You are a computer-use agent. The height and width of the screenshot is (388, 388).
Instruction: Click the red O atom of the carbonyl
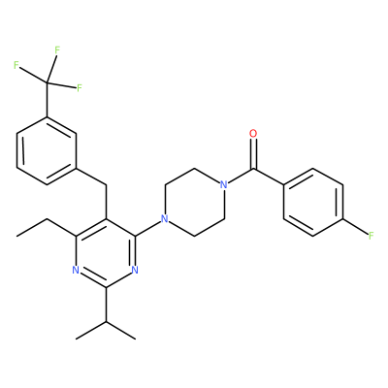[x=253, y=133]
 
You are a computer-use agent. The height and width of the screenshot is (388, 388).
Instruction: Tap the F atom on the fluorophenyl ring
[x=371, y=236]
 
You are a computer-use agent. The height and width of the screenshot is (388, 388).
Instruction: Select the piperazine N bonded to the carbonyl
[x=223, y=184]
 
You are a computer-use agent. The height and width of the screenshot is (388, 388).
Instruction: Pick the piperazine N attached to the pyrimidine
[x=165, y=219]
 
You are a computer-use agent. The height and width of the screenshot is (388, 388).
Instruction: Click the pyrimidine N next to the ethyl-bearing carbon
[x=76, y=270]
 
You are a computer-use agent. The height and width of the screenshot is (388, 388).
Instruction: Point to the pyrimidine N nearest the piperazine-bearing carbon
[x=135, y=270]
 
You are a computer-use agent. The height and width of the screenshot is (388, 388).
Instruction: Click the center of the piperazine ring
[x=194, y=202]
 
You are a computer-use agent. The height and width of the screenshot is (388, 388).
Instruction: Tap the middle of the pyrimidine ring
[x=106, y=253]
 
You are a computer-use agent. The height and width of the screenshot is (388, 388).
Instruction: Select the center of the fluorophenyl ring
[x=313, y=202]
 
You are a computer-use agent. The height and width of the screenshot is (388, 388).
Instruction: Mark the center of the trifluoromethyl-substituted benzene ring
[x=48, y=150]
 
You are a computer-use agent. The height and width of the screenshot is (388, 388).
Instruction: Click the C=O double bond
[x=254, y=154]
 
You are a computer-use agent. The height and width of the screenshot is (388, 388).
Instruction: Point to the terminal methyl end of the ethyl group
[x=17, y=236]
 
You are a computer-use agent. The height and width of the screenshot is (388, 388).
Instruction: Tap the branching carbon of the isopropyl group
[x=106, y=322]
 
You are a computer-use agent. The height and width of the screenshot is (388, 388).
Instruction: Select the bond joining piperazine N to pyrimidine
[x=149, y=228]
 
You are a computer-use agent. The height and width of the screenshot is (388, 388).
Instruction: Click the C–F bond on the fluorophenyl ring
[x=355, y=227]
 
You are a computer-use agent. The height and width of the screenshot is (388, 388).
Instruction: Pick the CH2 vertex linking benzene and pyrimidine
[x=106, y=185]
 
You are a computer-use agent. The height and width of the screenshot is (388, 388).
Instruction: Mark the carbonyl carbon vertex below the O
[x=254, y=168]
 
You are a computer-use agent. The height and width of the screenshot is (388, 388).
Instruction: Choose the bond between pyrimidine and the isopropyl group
[x=106, y=305]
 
